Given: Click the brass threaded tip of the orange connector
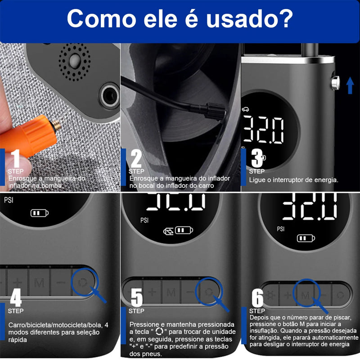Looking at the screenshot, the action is click(57, 126).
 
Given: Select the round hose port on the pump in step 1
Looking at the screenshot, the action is click(109, 96).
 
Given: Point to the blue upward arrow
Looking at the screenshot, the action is click(350, 85).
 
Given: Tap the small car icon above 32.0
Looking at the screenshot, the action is click(245, 109).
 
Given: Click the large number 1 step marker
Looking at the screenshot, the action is click(16, 158).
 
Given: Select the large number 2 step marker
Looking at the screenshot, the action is click(136, 158).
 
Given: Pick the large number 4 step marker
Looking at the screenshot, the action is click(16, 297).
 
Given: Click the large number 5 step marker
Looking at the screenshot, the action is click(137, 297).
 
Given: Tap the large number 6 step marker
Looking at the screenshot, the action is click(257, 297).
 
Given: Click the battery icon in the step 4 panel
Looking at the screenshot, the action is click(40, 213).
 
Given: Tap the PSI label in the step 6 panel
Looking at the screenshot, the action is click(280, 229).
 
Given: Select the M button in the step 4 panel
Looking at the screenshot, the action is click(39, 283).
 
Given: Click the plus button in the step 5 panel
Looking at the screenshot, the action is click(152, 292).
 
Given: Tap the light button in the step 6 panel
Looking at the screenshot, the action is click(270, 295).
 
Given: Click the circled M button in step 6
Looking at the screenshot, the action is click(305, 295).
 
